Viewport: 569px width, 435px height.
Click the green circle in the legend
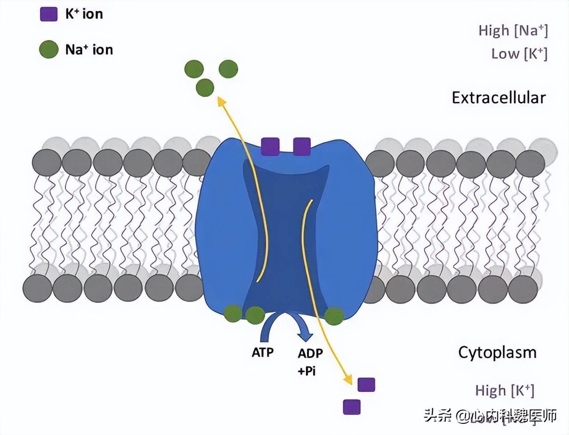point(49,49)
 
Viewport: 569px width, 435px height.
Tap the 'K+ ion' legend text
point(84,14)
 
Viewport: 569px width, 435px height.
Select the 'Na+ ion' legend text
point(89,49)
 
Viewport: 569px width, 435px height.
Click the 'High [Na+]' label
point(513,31)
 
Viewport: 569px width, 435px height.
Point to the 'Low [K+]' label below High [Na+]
point(519,54)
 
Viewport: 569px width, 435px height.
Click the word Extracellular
point(498,98)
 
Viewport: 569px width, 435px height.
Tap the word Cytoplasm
point(497,352)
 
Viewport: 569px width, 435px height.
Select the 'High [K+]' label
point(504,391)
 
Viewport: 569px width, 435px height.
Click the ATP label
point(263,353)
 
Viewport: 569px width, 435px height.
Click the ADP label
point(310,354)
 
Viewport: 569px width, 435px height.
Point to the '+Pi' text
point(307,371)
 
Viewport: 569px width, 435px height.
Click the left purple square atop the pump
point(270,146)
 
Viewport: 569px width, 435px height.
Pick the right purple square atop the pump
point(302,146)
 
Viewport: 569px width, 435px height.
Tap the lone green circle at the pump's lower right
point(334,316)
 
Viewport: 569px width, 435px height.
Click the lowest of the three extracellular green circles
point(205,88)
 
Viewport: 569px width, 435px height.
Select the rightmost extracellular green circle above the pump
point(228,69)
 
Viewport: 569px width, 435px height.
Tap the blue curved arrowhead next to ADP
point(306,333)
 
